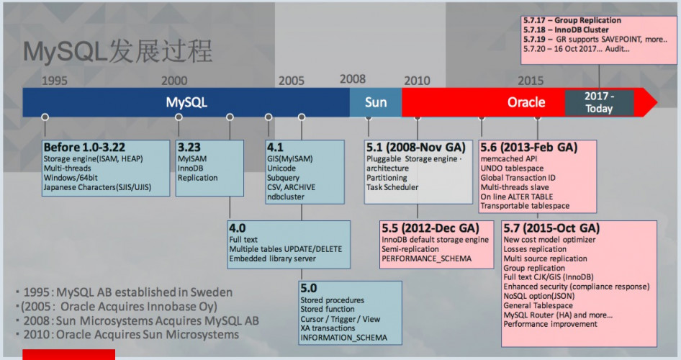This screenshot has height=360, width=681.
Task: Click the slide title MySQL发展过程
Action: point(117,51)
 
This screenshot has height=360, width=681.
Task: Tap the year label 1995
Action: point(55,81)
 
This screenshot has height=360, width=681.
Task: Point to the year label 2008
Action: point(353,79)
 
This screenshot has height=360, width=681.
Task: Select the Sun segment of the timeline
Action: point(375,102)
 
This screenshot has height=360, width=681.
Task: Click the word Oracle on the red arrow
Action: point(526,102)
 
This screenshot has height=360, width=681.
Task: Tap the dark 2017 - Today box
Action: point(599,102)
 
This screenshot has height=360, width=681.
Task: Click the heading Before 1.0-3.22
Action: point(85,146)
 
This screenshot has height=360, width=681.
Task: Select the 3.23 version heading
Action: point(190,146)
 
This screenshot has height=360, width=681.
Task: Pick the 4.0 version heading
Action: point(238,227)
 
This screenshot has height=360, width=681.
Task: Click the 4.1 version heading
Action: point(274,146)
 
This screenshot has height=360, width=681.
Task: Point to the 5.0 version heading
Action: point(309,288)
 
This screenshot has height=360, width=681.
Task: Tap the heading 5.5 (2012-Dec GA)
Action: point(430,228)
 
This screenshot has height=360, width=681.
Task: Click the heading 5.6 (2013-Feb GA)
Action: point(528,147)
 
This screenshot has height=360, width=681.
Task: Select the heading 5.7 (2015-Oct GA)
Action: point(551,228)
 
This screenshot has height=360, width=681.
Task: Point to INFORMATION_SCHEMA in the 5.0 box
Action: point(343,338)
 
